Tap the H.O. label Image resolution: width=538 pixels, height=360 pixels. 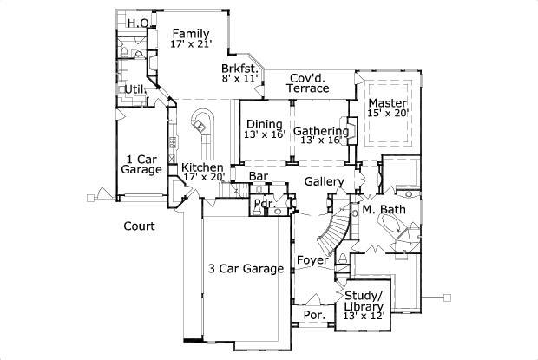tap(137, 23)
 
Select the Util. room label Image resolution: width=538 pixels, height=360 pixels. tap(134, 88)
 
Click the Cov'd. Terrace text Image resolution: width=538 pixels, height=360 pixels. tap(309, 82)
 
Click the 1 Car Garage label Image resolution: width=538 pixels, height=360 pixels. tap(140, 165)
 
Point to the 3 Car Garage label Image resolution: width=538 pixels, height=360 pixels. tap(246, 269)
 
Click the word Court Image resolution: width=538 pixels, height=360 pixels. tap(139, 226)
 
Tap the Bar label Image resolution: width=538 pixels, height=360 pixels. tap(258, 176)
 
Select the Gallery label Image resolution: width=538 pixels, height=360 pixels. tap(324, 182)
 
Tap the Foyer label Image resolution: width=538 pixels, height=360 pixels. tap(312, 259)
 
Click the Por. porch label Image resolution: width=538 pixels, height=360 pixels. tap(314, 316)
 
